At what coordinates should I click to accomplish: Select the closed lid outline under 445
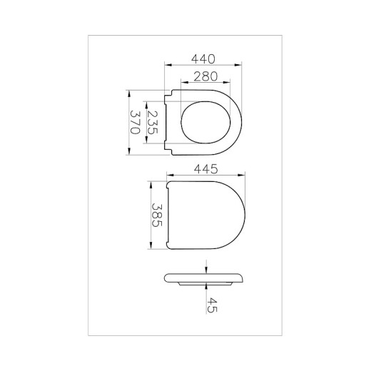coord(207,215)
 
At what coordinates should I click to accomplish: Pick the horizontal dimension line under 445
coord(207,176)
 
